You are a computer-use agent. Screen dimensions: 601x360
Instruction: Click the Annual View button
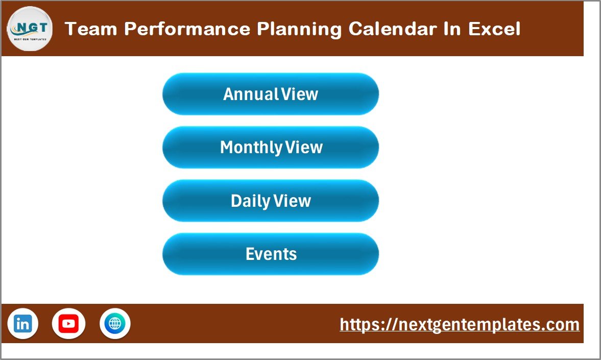271,94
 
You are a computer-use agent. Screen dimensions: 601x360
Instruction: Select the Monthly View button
271,147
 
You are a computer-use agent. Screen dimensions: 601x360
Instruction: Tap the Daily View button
271,201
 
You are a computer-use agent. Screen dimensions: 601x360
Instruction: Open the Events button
271,254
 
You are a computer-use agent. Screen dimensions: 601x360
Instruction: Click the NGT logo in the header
30,29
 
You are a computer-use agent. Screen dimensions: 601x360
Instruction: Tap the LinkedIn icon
22,324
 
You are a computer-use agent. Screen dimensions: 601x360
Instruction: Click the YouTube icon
68,324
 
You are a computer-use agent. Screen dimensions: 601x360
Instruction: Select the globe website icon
115,324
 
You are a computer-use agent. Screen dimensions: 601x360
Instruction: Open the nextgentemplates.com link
460,324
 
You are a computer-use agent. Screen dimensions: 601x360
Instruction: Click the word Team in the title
91,29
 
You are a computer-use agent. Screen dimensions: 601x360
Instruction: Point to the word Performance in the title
187,29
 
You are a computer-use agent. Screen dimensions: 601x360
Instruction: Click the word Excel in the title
494,29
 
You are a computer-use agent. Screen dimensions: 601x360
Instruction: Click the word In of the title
452,29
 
